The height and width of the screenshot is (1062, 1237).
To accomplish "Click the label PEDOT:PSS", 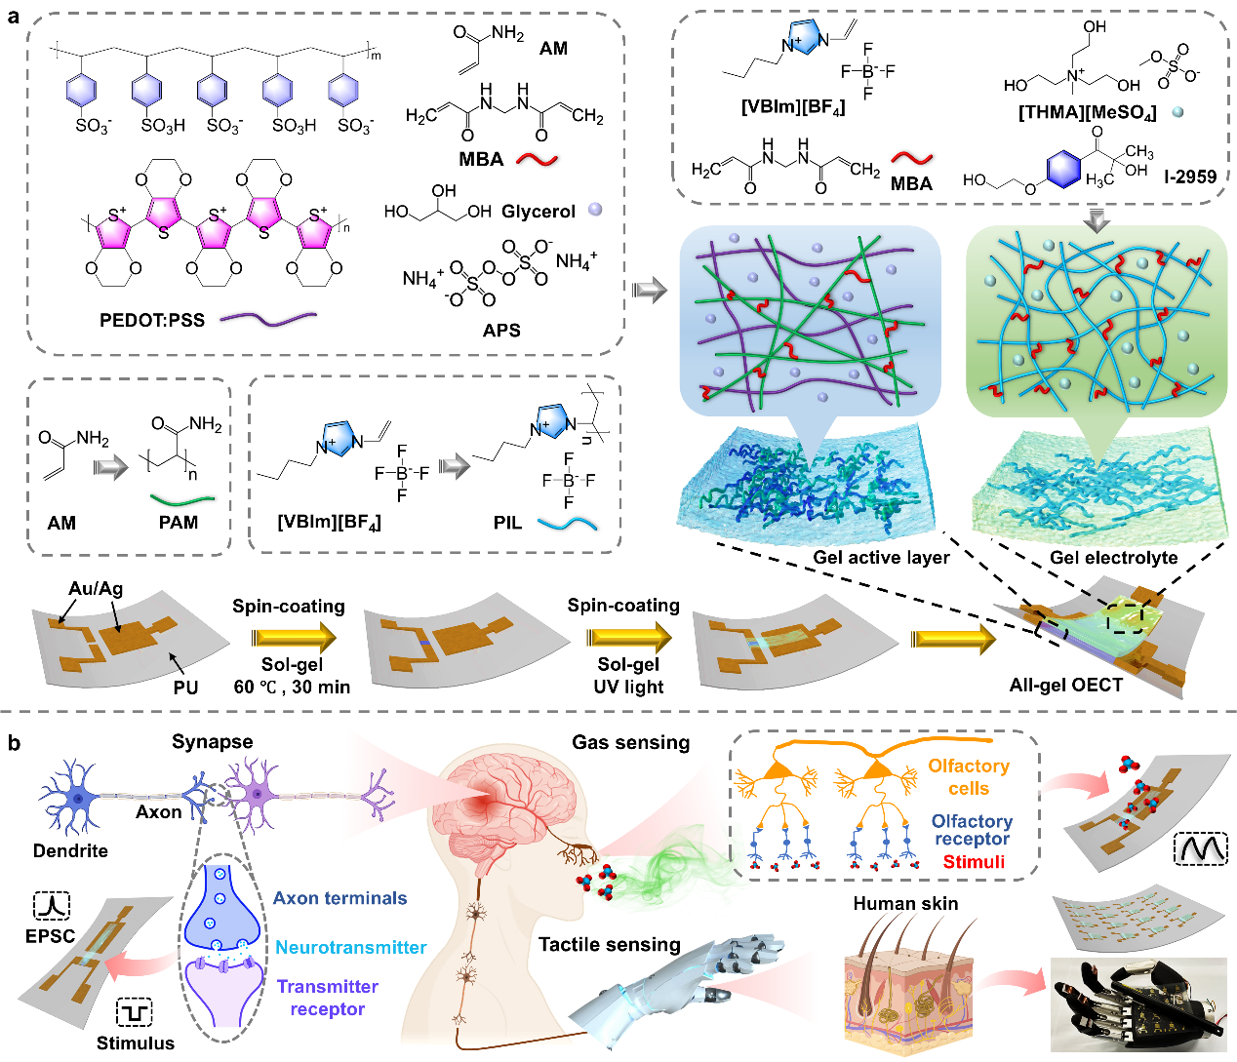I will click(x=152, y=319).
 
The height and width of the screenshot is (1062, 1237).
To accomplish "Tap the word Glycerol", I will click(x=539, y=212).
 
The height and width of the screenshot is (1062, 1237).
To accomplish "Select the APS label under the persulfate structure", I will click(x=501, y=330).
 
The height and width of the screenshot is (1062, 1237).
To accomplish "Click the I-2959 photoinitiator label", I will click(x=1190, y=177).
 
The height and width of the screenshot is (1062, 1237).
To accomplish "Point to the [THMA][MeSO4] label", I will click(x=1087, y=113).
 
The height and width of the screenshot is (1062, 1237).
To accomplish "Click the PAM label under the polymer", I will click(x=179, y=523).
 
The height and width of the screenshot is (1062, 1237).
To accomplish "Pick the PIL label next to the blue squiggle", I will click(x=507, y=523).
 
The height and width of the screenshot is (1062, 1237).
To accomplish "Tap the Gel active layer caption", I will click(x=881, y=557).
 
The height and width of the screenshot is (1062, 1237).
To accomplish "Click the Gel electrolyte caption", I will click(x=1113, y=558).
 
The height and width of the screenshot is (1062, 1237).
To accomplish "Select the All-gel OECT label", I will click(x=1065, y=685).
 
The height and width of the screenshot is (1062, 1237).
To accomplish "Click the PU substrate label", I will click(x=185, y=687).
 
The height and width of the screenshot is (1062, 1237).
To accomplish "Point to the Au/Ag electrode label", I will click(x=96, y=589).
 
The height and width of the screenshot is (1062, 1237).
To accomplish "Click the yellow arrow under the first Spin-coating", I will click(x=293, y=638).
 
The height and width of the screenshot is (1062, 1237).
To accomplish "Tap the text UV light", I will click(x=628, y=687).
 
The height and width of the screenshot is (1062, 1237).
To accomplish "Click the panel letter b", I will click(x=14, y=743).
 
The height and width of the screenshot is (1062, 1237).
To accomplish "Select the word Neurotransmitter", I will click(x=350, y=947).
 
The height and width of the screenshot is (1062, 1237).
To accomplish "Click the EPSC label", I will click(x=51, y=936).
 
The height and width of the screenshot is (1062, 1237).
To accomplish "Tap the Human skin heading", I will click(x=905, y=904).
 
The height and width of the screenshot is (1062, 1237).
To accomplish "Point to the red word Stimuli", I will click(x=974, y=861).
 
